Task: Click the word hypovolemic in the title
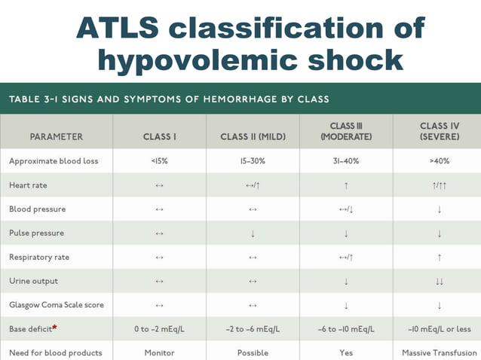pyautogui.click(x=198, y=60)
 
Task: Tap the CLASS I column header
pyautogui.click(x=159, y=137)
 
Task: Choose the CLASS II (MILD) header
pyautogui.click(x=253, y=137)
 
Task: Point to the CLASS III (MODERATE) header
pyautogui.click(x=345, y=131)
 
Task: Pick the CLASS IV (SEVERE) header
pyautogui.click(x=439, y=131)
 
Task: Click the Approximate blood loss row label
pyautogui.click(x=54, y=161)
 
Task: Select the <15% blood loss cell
pyautogui.click(x=159, y=161)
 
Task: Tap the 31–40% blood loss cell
pyautogui.click(x=345, y=161)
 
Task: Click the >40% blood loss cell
pyautogui.click(x=439, y=161)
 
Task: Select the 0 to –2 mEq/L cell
pyautogui.click(x=159, y=329)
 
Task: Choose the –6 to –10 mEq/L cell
pyautogui.click(x=345, y=329)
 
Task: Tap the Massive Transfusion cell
pyautogui.click(x=439, y=352)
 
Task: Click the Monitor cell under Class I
pyautogui.click(x=159, y=352)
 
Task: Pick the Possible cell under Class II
pyautogui.click(x=253, y=352)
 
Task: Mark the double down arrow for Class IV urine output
pyautogui.click(x=439, y=281)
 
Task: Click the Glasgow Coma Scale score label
pyautogui.click(x=57, y=305)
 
